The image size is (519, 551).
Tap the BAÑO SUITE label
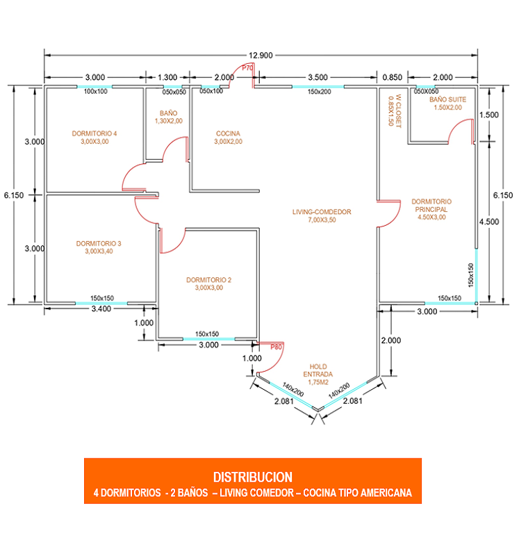click(x=447, y=104)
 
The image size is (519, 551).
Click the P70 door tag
click(x=247, y=67)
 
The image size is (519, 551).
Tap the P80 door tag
click(x=277, y=346)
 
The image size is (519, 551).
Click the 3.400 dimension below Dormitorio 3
click(x=101, y=309)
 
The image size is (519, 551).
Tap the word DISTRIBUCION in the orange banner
click(x=252, y=477)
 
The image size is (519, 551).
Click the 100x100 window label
click(x=95, y=91)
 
